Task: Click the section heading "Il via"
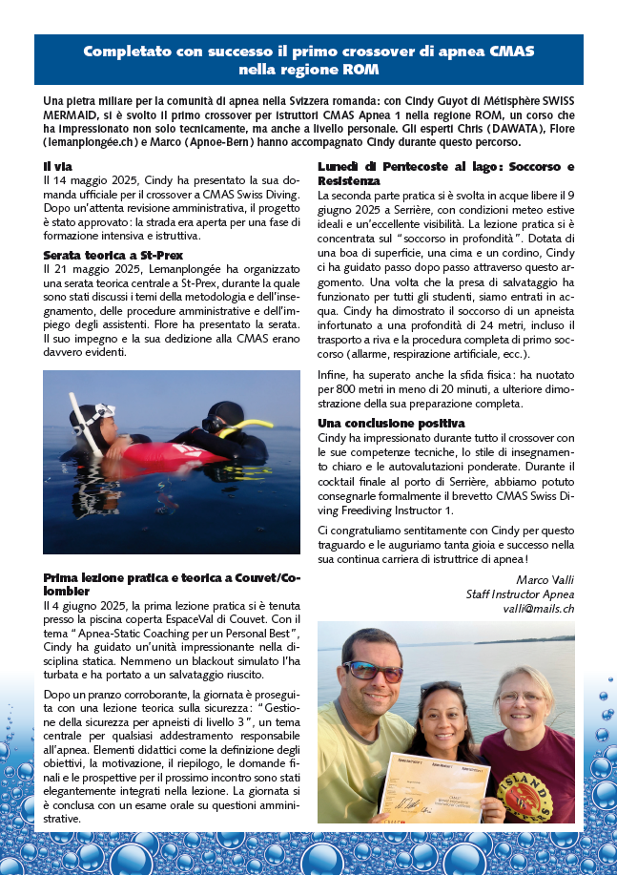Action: pos(57,167)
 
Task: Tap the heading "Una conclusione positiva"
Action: pos(391,423)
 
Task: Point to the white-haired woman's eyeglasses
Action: pos(524,699)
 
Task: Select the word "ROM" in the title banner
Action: pos(362,71)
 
